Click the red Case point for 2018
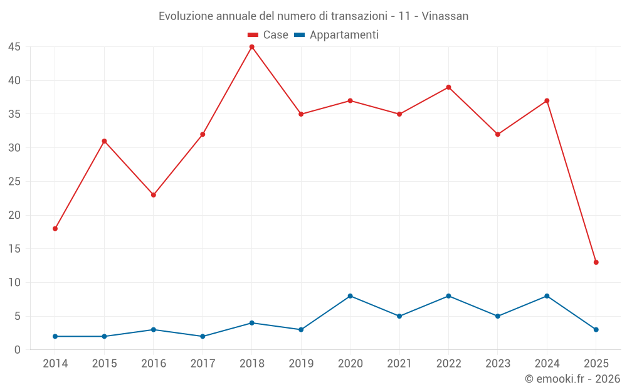(251, 47)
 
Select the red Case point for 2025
(596, 262)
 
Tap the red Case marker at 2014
(55, 228)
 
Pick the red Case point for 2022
(448, 87)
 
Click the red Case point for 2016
(154, 195)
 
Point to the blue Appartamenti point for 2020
(350, 296)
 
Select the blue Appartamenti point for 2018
(251, 323)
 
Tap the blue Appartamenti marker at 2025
(596, 329)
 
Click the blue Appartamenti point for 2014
(55, 336)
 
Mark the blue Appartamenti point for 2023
(497, 316)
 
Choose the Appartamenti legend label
(344, 35)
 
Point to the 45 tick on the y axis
(14, 47)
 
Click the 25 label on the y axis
(14, 182)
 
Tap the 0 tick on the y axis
(18, 350)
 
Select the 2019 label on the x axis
(301, 364)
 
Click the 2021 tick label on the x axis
(399, 364)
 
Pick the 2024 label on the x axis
(547, 364)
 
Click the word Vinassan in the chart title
(445, 16)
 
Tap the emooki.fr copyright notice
(572, 379)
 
